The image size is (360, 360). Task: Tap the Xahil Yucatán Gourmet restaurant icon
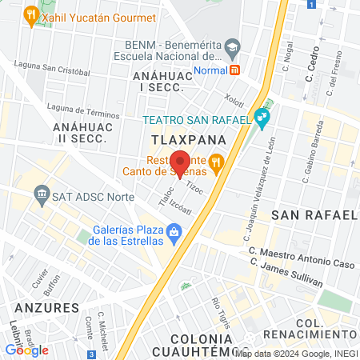click(x=30, y=14)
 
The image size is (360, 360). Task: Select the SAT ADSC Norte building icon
click(x=41, y=194)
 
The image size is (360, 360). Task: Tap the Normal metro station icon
click(x=235, y=70)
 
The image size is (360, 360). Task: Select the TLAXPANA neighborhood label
click(x=183, y=140)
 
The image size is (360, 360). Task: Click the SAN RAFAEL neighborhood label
click(x=313, y=215)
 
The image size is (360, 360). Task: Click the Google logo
click(x=26, y=349)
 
